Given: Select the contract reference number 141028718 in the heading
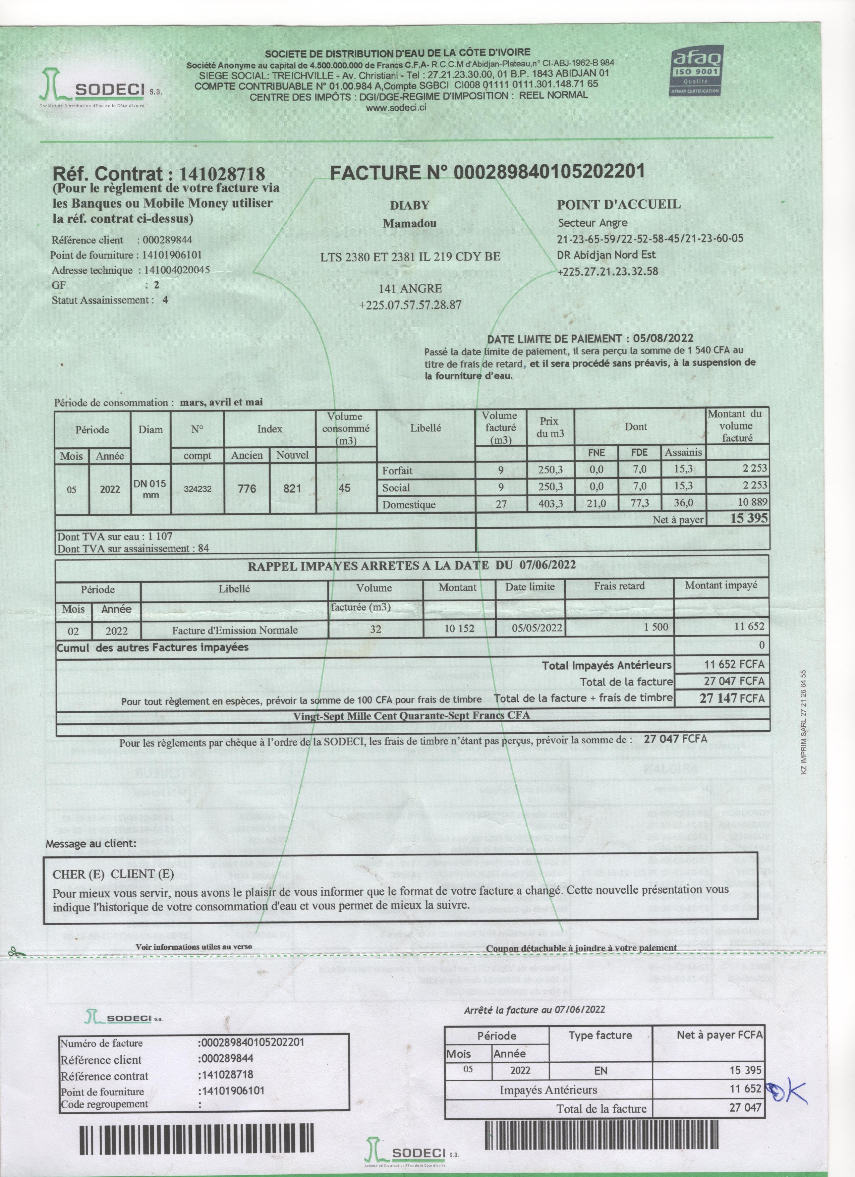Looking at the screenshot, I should pos(222,173).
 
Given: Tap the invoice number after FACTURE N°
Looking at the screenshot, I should pos(549,171).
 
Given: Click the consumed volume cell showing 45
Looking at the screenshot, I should pos(344,488).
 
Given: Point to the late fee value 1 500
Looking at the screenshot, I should pos(656,627).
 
